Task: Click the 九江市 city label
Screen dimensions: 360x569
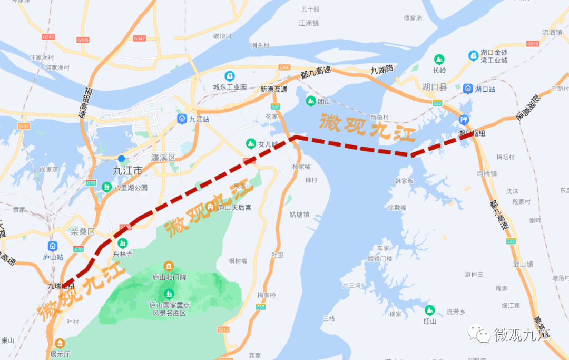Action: click(x=128, y=171)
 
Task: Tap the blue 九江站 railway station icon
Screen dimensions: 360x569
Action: click(x=182, y=119)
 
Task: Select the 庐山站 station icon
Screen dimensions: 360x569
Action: click(x=53, y=246)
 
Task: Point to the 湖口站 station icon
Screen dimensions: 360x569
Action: click(x=468, y=89)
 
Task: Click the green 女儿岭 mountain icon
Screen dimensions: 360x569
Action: click(x=251, y=143)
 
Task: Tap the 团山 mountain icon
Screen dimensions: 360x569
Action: click(x=310, y=101)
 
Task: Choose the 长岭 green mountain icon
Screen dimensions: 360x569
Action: click(x=439, y=59)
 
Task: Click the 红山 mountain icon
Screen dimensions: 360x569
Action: click(x=430, y=310)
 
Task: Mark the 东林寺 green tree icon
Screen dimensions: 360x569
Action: click(x=123, y=243)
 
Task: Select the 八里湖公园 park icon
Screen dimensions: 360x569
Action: click(x=107, y=187)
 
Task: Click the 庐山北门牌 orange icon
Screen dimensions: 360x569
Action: click(x=169, y=266)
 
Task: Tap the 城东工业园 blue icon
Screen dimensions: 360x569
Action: click(x=229, y=76)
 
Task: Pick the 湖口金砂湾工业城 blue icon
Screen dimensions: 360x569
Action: click(x=473, y=55)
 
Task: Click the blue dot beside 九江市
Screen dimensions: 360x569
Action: click(x=122, y=158)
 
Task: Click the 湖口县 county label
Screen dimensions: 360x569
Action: click(x=435, y=87)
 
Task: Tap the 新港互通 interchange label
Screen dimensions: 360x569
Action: click(x=274, y=89)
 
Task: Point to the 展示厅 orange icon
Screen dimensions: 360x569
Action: click(x=59, y=343)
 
